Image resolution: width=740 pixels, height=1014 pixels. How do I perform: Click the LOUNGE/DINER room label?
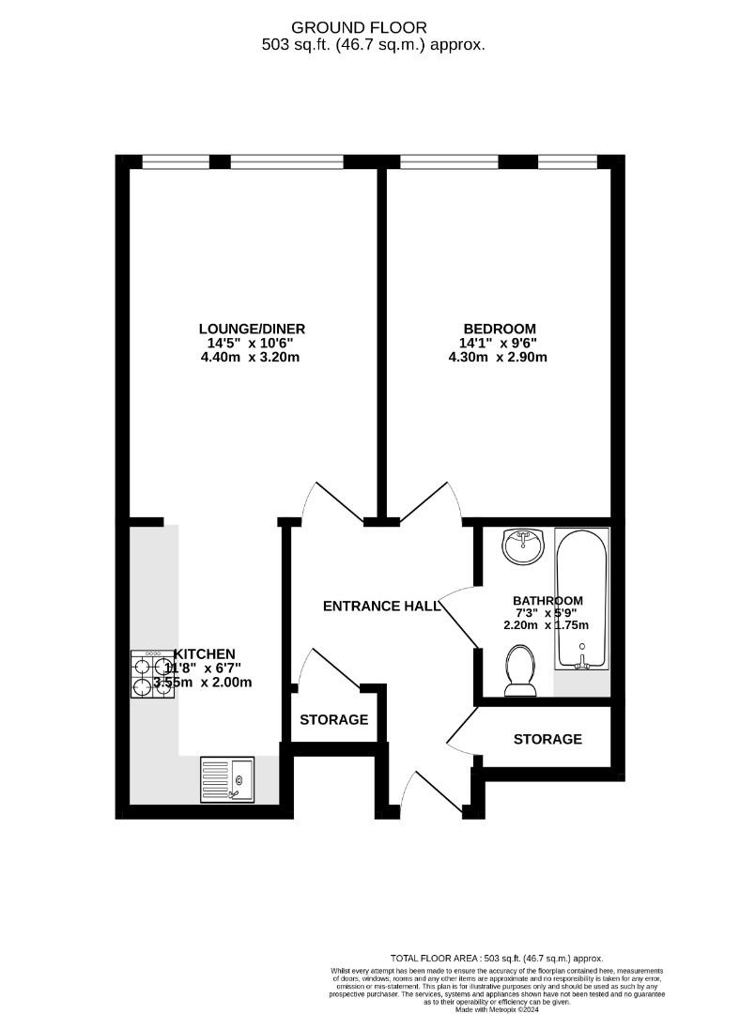[252, 329]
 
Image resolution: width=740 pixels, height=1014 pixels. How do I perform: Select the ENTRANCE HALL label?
[381, 607]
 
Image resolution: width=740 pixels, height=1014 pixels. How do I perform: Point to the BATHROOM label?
[547, 601]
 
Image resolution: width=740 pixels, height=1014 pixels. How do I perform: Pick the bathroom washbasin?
[523, 545]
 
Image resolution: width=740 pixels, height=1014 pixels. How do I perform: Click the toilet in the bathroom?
[519, 670]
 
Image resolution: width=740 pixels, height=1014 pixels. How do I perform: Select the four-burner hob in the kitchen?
[148, 674]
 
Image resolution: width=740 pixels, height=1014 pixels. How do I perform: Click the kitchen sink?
[227, 779]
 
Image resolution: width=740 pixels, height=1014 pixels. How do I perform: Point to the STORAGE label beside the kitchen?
[333, 720]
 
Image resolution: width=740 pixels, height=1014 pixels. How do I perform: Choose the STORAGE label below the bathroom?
[547, 740]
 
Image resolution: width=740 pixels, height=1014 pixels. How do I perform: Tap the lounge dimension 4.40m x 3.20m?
[252, 357]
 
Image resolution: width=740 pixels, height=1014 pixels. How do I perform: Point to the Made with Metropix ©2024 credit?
[497, 1009]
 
